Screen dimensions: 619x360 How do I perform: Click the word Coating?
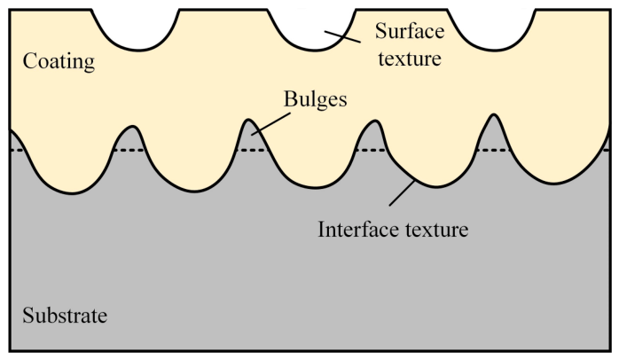click(59, 61)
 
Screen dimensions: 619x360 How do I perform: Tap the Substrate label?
click(65, 316)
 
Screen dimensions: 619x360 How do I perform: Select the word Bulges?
click(316, 99)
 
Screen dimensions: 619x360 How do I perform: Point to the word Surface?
click(410, 31)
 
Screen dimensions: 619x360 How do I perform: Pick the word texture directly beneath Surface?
click(410, 59)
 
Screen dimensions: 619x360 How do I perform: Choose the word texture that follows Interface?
click(436, 230)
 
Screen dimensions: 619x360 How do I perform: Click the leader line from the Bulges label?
click(271, 124)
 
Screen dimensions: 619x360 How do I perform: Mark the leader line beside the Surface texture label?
click(342, 36)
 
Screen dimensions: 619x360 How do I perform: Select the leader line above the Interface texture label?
click(403, 192)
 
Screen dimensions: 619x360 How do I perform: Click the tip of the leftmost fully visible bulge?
click(133, 126)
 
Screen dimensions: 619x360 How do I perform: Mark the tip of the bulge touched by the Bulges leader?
click(248, 120)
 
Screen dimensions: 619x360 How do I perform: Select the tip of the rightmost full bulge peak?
click(493, 114)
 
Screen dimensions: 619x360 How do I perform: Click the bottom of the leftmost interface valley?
click(72, 193)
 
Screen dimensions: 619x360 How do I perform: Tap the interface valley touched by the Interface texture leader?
click(435, 186)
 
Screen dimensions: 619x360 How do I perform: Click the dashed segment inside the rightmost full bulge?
click(493, 151)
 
